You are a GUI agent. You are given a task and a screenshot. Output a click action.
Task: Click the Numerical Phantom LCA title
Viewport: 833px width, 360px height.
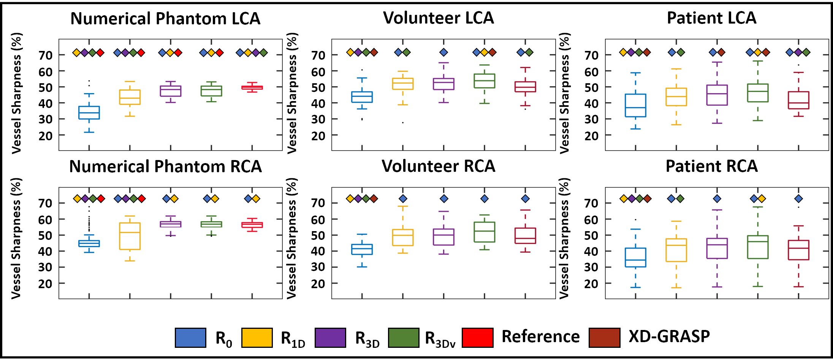click(x=165, y=19)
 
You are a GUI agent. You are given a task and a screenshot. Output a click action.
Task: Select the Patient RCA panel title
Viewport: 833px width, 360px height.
click(x=711, y=166)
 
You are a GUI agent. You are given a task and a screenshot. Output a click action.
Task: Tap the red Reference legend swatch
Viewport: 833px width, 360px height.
click(x=477, y=338)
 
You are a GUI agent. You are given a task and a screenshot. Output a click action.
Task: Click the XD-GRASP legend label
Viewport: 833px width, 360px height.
click(x=669, y=336)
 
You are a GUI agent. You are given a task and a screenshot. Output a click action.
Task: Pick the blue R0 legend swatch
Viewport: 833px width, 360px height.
click(x=190, y=338)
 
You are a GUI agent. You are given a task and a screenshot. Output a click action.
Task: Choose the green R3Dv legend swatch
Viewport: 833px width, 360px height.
click(x=404, y=338)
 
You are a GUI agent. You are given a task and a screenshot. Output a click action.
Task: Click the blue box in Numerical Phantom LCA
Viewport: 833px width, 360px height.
click(x=89, y=113)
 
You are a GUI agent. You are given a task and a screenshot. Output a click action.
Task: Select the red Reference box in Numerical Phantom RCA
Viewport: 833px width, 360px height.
click(x=252, y=225)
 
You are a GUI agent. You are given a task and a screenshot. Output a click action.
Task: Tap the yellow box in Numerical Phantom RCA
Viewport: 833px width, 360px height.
click(x=130, y=236)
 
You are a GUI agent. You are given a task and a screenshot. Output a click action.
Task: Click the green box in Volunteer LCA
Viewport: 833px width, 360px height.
click(x=485, y=81)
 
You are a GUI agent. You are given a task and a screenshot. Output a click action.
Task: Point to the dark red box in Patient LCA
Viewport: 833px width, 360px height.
click(x=798, y=100)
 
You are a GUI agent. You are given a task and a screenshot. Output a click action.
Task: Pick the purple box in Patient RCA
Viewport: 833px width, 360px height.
click(x=717, y=249)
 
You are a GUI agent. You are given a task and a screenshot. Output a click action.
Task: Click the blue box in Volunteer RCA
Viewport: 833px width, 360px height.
click(x=362, y=249)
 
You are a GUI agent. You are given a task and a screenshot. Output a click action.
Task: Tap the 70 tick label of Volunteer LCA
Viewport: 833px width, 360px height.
click(x=318, y=56)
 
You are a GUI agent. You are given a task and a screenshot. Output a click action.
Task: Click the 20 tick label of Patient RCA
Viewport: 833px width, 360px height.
click(x=591, y=284)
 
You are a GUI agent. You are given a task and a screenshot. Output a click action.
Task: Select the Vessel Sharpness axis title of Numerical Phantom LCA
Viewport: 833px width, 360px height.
click(x=17, y=93)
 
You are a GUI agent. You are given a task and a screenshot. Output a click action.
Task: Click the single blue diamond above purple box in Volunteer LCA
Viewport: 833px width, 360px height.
click(x=443, y=52)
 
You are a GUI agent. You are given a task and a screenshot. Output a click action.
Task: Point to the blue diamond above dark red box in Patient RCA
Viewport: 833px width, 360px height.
click(x=798, y=198)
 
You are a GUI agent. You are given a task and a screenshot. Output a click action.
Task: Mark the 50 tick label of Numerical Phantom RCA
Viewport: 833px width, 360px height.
click(x=45, y=235)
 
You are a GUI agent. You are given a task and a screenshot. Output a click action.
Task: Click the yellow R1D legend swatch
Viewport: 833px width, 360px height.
click(x=257, y=338)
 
